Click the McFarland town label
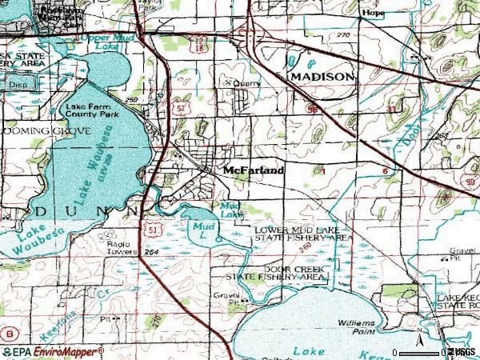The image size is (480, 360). pos(252,170)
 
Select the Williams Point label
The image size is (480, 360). pos(355,325)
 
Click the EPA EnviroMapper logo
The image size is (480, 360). pos(52,352)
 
